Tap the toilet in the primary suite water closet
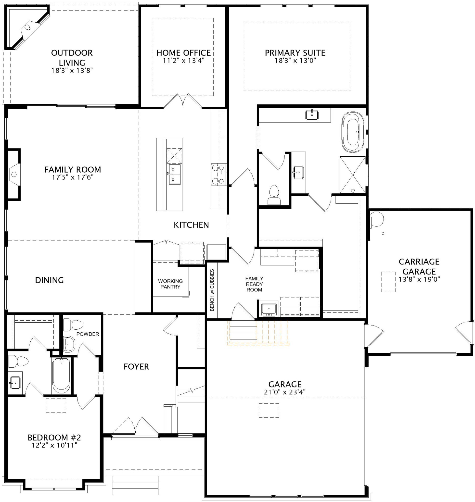(274, 196)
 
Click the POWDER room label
(88, 334)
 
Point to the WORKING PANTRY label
(170, 284)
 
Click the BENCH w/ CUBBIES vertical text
(212, 290)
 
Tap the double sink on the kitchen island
(174, 175)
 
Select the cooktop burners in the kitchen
(218, 174)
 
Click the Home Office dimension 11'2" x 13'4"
(183, 61)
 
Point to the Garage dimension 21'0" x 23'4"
(285, 392)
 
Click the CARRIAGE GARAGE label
(419, 266)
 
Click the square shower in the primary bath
(352, 175)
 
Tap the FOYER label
(136, 367)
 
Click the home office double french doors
(183, 101)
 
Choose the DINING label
(49, 280)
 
